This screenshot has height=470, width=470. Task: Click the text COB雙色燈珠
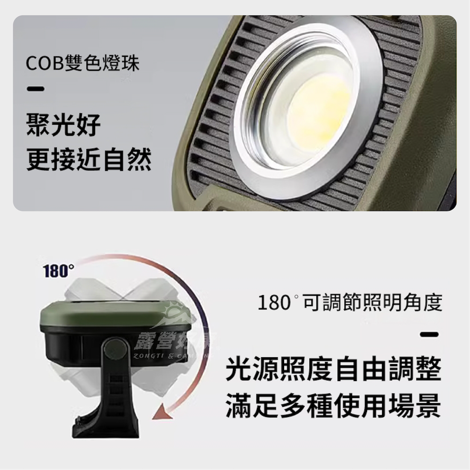(x=82, y=64)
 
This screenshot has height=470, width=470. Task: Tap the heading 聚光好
(x=63, y=125)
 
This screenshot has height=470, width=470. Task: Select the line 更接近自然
(x=89, y=160)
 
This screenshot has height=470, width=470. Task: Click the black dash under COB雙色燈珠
(x=35, y=90)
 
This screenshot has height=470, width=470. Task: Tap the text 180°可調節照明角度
(x=350, y=303)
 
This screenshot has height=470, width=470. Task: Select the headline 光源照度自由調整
(x=333, y=369)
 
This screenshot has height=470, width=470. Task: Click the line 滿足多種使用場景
(x=333, y=405)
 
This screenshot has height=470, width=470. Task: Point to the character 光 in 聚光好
(x=63, y=125)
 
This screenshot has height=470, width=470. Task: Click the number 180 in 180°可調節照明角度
(x=274, y=303)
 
